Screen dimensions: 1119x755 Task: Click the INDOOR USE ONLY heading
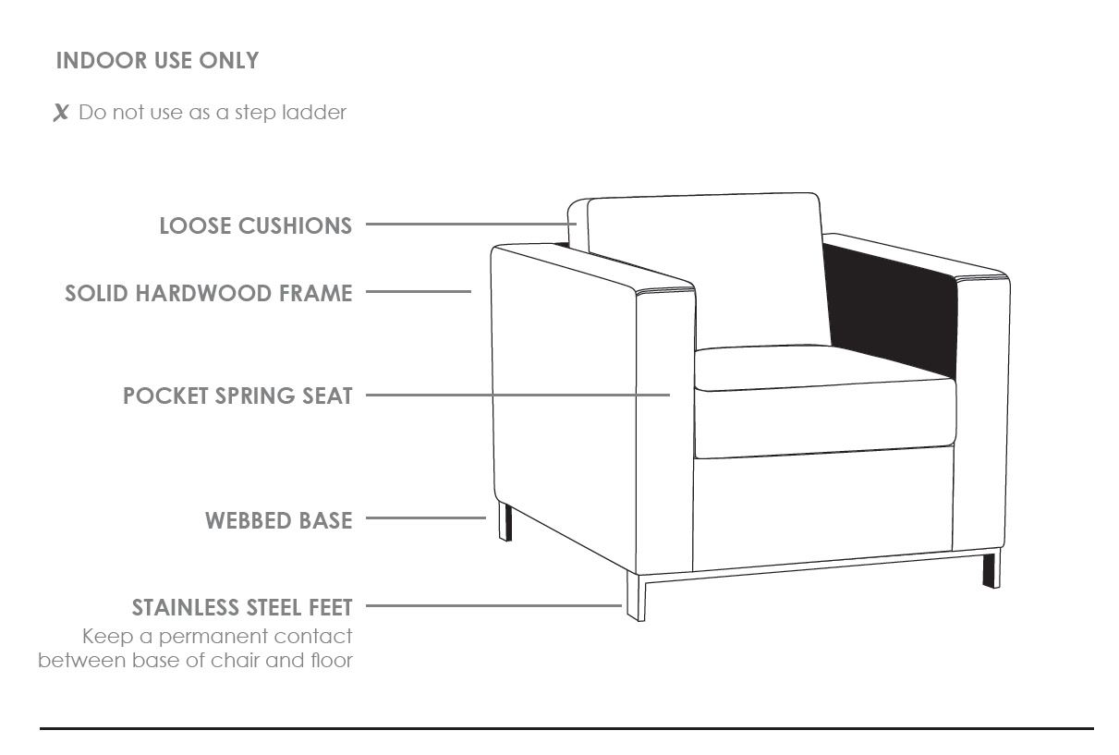pos(157,60)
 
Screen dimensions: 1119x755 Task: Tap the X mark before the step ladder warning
pos(61,113)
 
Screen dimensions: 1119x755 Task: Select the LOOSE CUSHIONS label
pos(256,225)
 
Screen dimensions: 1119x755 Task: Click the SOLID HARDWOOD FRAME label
pos(209,293)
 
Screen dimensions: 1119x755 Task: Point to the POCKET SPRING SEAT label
pos(237,396)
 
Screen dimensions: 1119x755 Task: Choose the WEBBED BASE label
pos(279,520)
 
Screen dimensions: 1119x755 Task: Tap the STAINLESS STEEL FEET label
pos(242,607)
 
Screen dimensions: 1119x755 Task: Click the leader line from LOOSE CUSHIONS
pos(471,224)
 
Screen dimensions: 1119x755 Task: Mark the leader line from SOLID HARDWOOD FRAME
pos(419,291)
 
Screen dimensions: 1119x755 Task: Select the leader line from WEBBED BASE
pos(426,518)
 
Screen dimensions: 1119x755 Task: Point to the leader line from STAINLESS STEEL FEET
pos(493,605)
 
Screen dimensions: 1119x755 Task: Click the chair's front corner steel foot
pos(636,597)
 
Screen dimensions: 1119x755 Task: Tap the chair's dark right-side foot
pos(991,568)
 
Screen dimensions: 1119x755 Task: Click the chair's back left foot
pos(505,522)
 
